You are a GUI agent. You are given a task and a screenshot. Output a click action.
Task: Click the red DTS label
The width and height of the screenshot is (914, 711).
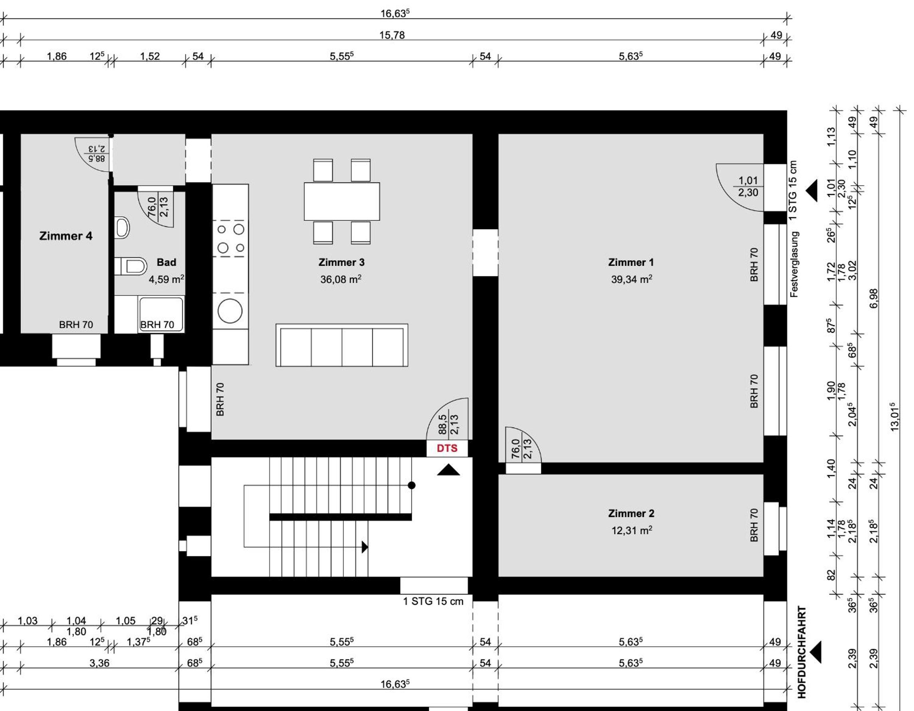tap(446, 448)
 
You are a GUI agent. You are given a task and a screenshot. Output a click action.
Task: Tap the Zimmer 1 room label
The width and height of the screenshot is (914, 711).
tap(631, 263)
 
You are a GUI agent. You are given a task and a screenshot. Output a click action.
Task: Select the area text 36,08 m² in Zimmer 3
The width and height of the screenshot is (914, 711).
tap(341, 279)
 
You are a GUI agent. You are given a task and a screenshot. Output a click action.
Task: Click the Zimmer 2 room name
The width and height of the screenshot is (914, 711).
tap(631, 513)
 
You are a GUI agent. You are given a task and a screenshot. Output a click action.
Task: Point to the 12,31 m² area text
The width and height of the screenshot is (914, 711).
tap(632, 531)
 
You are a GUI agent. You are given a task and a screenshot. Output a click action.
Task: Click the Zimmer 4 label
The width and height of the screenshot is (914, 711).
tap(66, 236)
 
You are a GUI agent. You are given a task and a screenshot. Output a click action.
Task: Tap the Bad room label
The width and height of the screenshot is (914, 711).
tap(166, 263)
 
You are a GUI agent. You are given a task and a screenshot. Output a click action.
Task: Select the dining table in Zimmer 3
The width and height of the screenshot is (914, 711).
tap(342, 202)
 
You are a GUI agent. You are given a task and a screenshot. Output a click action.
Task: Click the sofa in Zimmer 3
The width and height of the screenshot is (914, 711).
tap(342, 345)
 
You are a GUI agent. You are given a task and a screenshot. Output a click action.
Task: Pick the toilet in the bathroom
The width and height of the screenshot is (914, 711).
tap(131, 266)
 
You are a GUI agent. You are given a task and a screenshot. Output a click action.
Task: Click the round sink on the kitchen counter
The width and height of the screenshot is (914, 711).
tap(230, 311)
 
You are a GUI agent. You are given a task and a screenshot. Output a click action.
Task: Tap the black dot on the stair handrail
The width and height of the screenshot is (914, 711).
tap(411, 485)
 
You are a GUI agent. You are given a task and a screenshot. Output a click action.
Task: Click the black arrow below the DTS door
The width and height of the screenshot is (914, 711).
tap(448, 470)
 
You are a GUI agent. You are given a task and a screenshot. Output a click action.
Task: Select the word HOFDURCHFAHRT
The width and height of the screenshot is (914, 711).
tap(801, 652)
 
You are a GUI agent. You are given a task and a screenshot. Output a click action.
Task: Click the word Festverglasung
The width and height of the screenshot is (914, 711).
tap(794, 265)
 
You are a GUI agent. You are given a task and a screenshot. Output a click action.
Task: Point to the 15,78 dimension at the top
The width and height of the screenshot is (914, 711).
tap(392, 35)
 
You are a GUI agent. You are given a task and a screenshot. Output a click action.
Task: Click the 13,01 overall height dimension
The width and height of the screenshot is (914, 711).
tap(894, 417)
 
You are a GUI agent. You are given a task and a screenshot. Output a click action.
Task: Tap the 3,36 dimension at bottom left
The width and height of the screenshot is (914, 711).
tap(99, 663)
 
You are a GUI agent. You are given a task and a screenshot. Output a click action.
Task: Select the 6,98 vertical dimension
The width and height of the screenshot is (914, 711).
tap(873, 299)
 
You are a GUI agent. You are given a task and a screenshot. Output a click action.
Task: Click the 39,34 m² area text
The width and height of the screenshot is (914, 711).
tap(632, 279)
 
